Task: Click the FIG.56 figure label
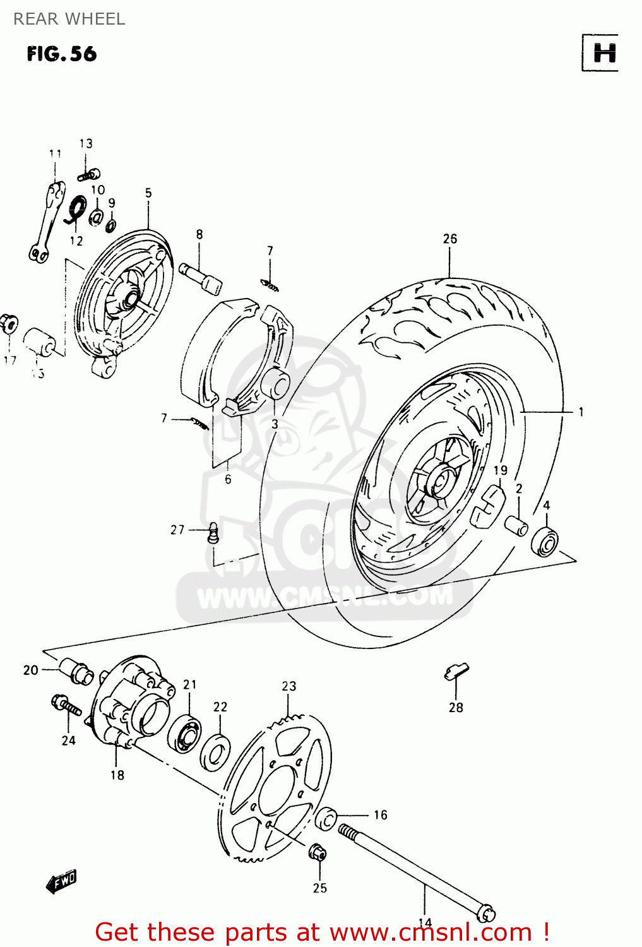62,54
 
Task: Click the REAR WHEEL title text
69,19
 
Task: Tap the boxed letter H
603,53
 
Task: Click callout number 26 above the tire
449,239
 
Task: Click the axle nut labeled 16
326,818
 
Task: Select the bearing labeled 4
544,542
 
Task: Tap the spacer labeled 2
516,525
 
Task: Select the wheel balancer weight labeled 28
456,671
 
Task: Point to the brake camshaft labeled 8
201,277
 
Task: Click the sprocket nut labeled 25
317,853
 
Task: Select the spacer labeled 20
76,671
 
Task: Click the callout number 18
117,775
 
